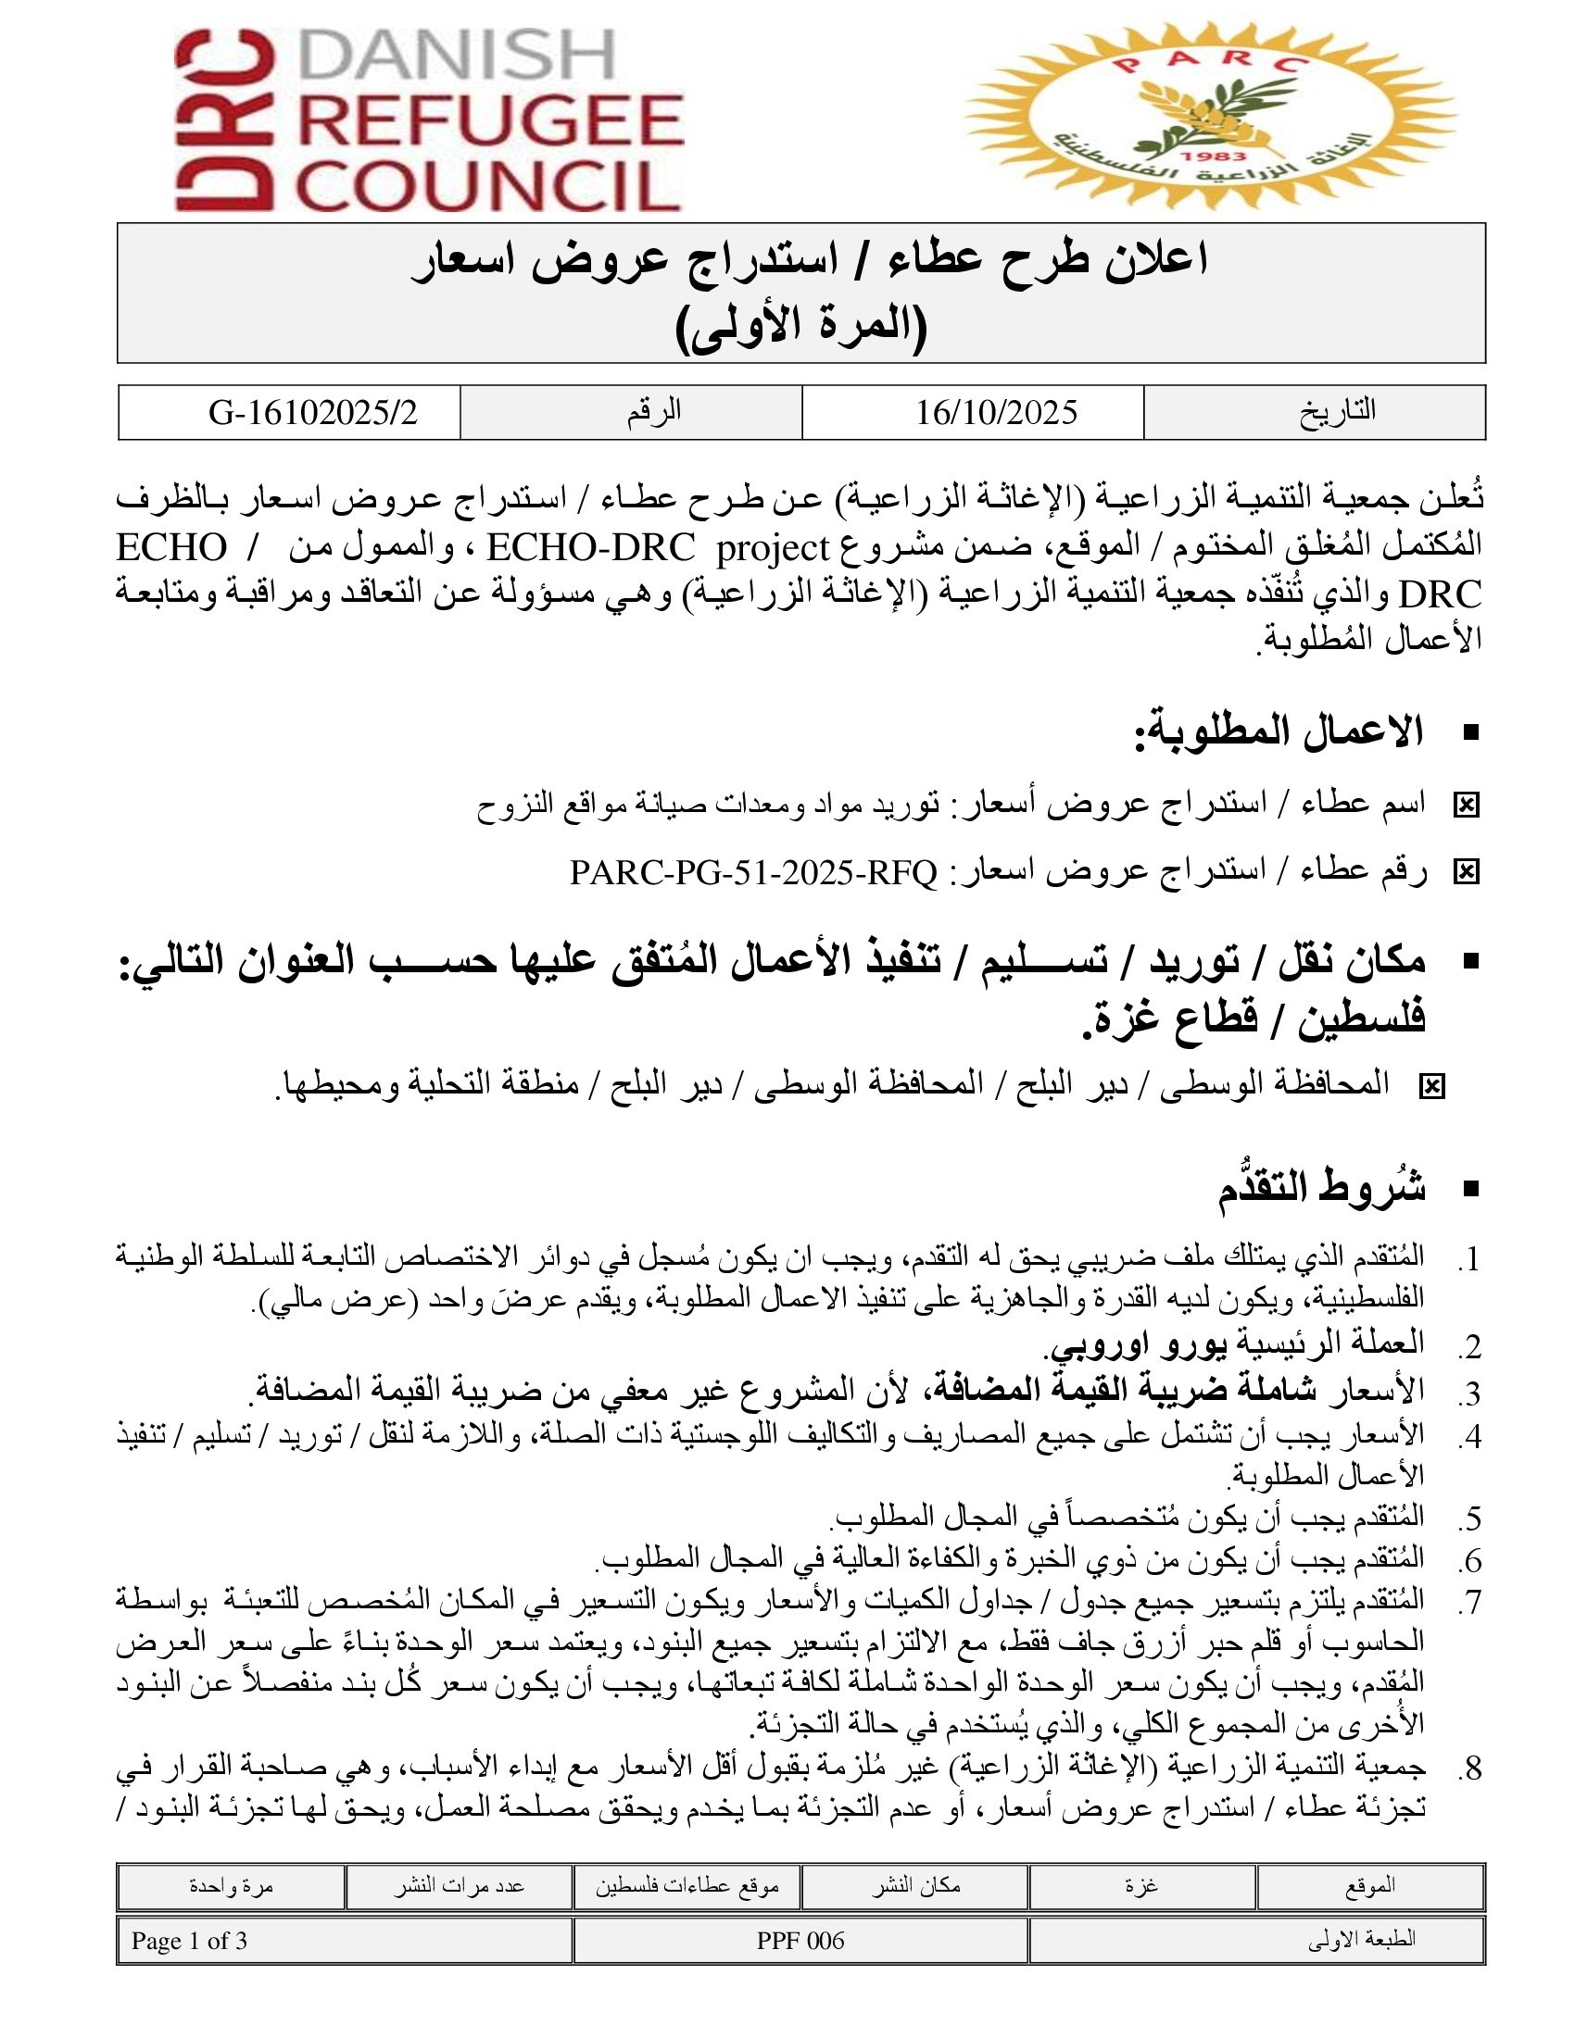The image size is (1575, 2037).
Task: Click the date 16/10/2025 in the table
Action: (996, 412)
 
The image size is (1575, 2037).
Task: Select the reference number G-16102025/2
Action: (312, 412)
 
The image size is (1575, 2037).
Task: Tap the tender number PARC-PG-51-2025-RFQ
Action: (753, 873)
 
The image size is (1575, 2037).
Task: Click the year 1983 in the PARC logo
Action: (1213, 156)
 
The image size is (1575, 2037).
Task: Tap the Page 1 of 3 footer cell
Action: (189, 1941)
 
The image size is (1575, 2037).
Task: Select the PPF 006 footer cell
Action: (800, 1941)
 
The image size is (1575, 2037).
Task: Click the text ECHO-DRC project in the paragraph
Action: (658, 547)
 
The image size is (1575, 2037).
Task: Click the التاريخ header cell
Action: (1337, 411)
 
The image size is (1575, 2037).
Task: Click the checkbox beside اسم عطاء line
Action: (1466, 805)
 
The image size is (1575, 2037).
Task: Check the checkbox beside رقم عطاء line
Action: (1466, 872)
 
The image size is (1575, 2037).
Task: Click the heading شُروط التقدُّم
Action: (1321, 1189)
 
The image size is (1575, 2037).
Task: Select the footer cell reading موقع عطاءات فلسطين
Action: (687, 1886)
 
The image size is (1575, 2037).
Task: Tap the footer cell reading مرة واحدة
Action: (231, 1886)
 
